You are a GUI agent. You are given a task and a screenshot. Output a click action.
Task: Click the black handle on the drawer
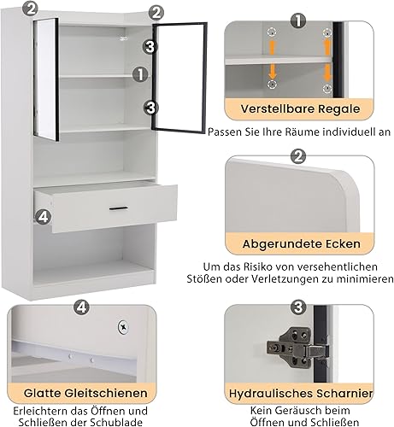(119, 208)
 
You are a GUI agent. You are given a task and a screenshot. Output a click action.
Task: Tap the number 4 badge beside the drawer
(44, 217)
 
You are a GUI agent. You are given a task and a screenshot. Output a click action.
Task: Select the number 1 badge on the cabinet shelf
(140, 74)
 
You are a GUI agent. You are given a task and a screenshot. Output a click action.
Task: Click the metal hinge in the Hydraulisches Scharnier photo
(298, 348)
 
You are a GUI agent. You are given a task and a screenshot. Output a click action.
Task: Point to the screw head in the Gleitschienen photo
(123, 327)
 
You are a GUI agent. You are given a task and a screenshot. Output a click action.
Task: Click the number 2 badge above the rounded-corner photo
(298, 156)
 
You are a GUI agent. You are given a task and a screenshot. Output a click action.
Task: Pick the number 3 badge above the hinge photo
(298, 307)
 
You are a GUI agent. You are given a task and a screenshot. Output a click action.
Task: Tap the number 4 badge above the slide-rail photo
(81, 307)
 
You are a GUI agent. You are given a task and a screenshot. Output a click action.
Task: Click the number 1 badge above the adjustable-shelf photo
(298, 20)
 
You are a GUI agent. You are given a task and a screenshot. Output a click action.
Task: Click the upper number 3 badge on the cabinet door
(150, 47)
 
